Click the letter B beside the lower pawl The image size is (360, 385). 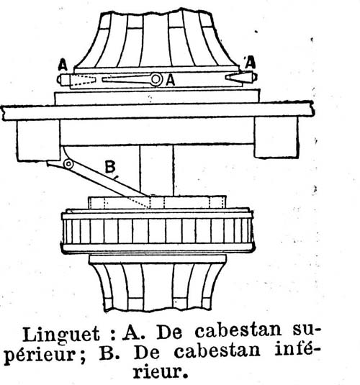(110, 167)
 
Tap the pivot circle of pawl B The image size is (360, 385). (68, 164)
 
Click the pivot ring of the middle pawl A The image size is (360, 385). (156, 79)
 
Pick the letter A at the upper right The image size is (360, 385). (250, 63)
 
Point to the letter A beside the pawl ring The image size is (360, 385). (171, 80)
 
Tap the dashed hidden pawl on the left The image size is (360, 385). (83, 80)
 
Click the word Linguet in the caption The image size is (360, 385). (61, 335)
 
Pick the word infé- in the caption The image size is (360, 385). (294, 350)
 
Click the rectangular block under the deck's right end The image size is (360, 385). (276, 137)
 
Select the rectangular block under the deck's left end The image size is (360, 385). (38, 140)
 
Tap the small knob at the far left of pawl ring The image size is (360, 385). (60, 80)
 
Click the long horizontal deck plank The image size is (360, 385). (158, 111)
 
